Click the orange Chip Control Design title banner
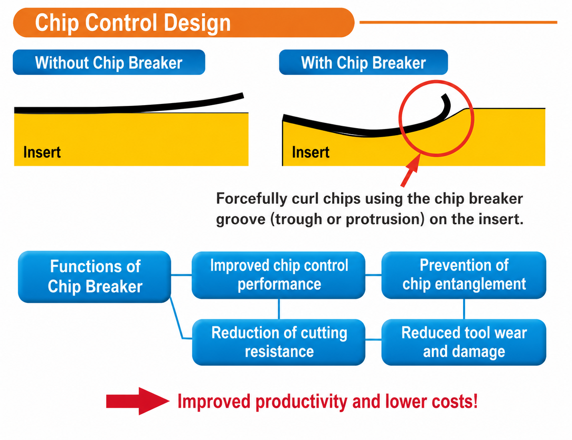[183, 23]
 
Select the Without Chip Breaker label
[109, 62]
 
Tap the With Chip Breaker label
[363, 62]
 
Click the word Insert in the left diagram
[42, 152]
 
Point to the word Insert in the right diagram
[311, 152]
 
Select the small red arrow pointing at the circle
[411, 170]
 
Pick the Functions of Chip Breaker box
[94, 277]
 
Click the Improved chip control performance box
[279, 275]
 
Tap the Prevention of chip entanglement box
[464, 275]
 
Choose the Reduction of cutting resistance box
[279, 342]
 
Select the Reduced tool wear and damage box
[464, 342]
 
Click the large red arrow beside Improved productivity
[137, 401]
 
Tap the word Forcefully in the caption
[251, 199]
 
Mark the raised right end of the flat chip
[243, 96]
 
